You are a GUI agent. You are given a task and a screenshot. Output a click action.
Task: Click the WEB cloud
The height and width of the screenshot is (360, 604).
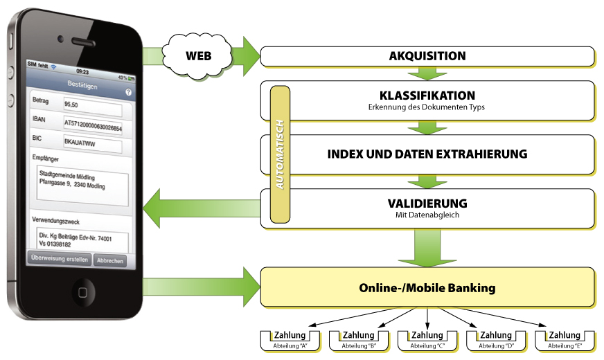pos(197,56)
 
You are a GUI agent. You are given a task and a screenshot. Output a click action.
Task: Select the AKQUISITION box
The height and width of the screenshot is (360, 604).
pos(427,56)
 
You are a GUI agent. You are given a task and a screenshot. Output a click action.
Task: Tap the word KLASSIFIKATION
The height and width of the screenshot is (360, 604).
pos(427,96)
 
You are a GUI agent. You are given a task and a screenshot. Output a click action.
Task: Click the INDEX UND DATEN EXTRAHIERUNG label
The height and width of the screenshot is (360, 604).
pos(427,154)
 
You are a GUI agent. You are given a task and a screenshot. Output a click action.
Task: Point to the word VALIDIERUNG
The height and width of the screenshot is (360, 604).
pos(427,204)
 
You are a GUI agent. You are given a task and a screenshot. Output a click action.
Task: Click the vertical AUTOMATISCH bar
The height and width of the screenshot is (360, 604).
pos(280,154)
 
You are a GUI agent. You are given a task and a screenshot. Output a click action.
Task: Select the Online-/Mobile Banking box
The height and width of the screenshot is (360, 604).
pos(427,287)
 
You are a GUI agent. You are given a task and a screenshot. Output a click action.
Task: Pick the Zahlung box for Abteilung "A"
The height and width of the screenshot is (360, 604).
pos(290,341)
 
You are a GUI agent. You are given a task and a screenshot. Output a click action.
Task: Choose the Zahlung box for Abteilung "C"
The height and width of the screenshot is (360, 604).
pos(427,341)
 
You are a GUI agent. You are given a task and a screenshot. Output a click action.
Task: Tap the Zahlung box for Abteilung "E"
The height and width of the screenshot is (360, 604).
pos(565,341)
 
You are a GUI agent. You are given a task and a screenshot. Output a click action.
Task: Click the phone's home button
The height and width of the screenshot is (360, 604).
pos(83,292)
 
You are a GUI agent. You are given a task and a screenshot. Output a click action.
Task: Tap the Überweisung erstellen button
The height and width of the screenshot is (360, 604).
pos(60,259)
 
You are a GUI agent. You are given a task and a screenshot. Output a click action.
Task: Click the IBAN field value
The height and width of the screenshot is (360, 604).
pos(93,125)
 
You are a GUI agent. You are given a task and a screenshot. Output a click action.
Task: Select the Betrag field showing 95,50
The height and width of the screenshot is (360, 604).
pos(93,107)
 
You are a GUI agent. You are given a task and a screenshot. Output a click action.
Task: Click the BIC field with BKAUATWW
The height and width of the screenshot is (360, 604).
pos(93,144)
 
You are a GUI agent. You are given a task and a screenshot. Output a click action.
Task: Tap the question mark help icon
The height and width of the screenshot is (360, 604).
pos(128,92)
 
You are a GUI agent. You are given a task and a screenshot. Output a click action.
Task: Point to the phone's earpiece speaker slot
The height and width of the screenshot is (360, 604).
pos(83,42)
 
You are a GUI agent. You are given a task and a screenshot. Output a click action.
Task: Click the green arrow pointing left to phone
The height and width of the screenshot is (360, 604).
pos(202,208)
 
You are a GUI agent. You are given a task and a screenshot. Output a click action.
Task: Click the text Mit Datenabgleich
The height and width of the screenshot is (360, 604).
pos(427,215)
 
